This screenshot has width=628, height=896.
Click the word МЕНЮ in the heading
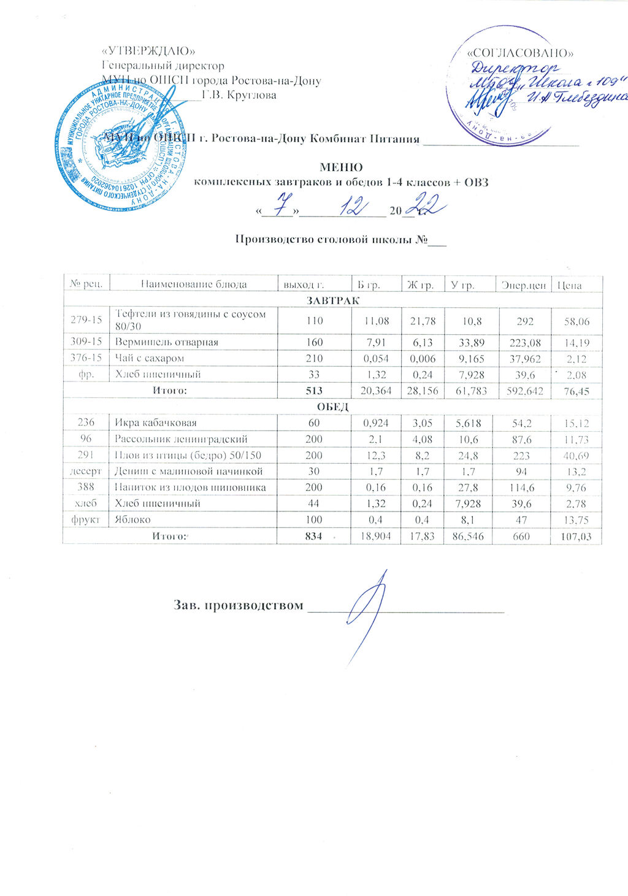pyautogui.click(x=341, y=167)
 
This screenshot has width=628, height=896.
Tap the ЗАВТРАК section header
pyautogui.click(x=333, y=301)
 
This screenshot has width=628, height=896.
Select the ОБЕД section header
pyautogui.click(x=333, y=407)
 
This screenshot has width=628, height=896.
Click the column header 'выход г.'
pyautogui.click(x=303, y=285)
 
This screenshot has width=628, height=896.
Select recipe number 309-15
pyautogui.click(x=86, y=342)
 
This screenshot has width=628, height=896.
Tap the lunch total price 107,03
pyautogui.click(x=576, y=537)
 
